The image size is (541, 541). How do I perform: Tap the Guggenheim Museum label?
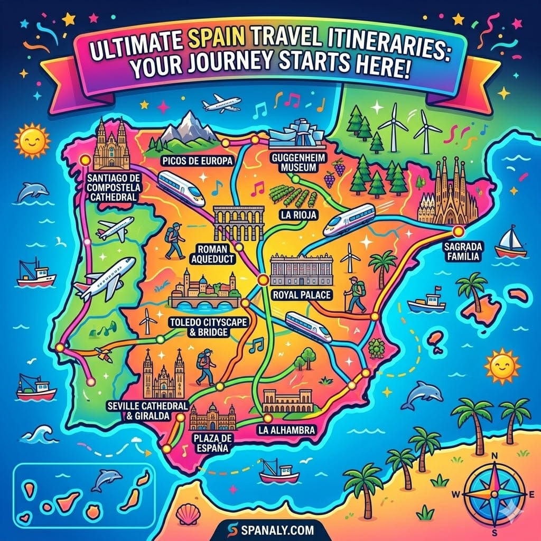coord(292,163)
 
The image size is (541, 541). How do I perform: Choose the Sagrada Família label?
coord(461,251)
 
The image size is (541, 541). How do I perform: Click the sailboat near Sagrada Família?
coord(511,242)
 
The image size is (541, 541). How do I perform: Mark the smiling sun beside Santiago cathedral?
coord(32,139)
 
